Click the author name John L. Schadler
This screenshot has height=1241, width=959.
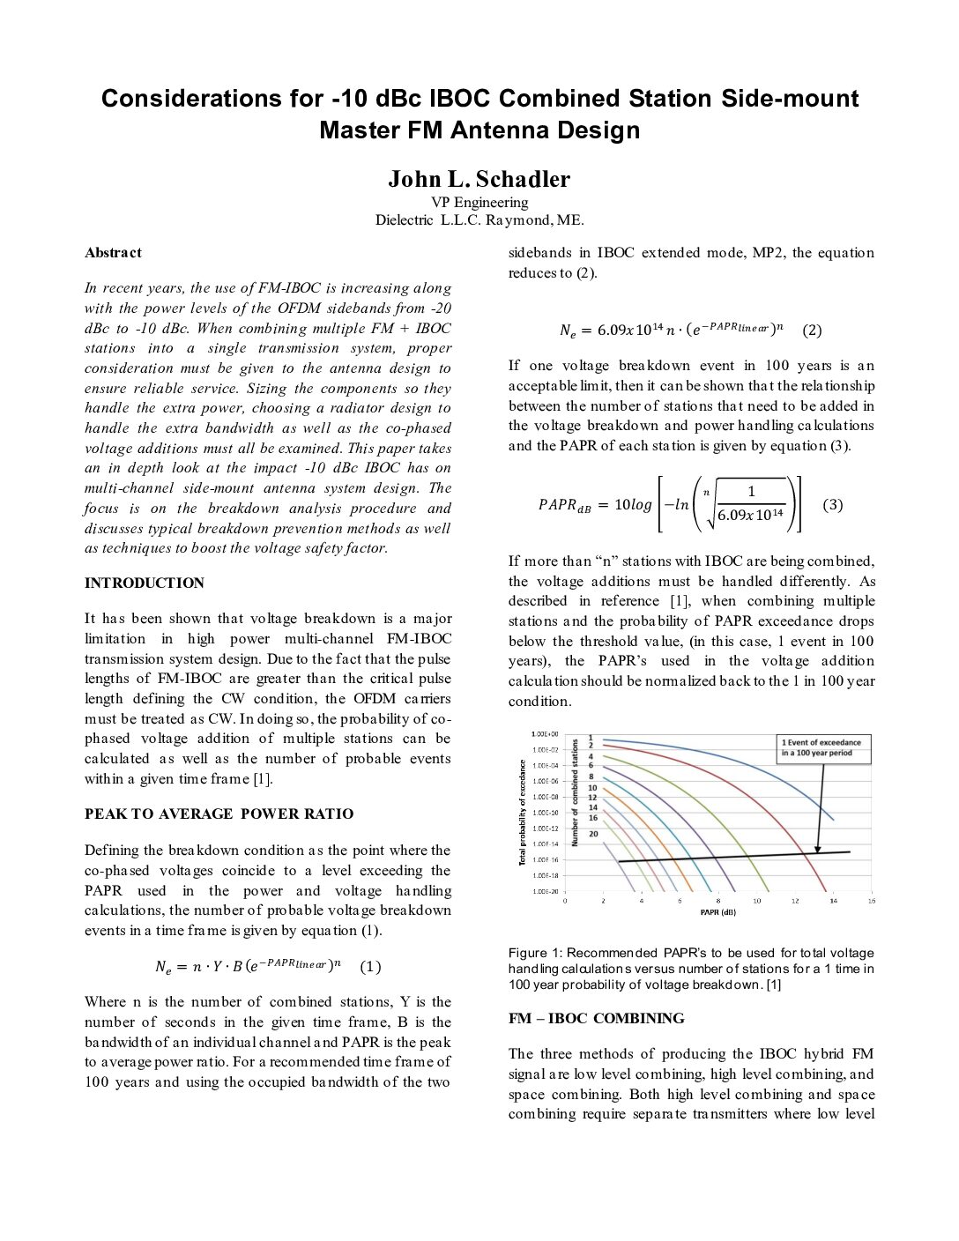(x=479, y=179)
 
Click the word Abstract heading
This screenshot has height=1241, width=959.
(x=113, y=253)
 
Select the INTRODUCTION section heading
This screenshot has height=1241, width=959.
(x=144, y=583)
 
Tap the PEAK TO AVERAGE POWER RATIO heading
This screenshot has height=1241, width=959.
(x=219, y=814)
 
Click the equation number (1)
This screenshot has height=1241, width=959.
(x=371, y=967)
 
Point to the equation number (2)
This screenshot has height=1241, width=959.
(x=812, y=331)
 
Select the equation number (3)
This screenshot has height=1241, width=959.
(x=832, y=505)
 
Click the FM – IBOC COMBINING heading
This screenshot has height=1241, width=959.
(x=596, y=1019)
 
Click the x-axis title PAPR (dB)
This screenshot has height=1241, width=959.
(x=717, y=912)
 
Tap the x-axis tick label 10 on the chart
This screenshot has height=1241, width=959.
(x=756, y=901)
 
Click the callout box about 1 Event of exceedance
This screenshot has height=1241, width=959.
(x=821, y=747)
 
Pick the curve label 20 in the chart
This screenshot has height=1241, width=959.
(x=593, y=834)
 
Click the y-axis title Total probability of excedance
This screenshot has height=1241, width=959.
(x=523, y=812)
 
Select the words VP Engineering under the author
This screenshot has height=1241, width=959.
(x=479, y=203)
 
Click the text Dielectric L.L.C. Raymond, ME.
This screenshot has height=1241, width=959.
(x=479, y=220)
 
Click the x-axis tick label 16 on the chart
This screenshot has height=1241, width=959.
(x=871, y=901)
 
